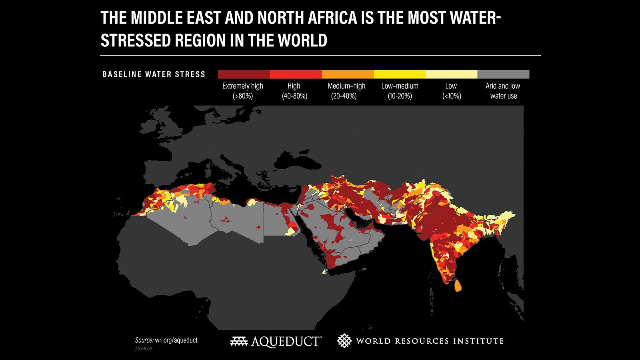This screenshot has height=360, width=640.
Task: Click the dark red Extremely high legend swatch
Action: [x=244, y=74]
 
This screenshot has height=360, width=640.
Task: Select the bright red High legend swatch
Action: [x=296, y=74]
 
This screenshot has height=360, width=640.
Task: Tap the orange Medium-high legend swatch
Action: [x=348, y=74]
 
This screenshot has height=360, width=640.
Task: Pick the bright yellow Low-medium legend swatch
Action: [x=400, y=74]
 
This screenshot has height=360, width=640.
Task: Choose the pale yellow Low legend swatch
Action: [x=451, y=74]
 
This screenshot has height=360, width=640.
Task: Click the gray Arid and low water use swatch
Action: [x=503, y=74]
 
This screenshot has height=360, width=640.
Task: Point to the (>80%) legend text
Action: [x=243, y=96]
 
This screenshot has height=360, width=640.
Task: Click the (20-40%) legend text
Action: [x=344, y=96]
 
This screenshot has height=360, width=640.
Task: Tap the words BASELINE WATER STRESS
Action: [x=154, y=74]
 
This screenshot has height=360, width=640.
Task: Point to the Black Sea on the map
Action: [x=298, y=160]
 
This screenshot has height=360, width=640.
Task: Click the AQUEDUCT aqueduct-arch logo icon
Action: [x=239, y=341]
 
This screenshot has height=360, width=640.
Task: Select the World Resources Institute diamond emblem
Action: [x=344, y=341]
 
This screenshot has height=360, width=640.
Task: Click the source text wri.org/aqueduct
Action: [x=176, y=340]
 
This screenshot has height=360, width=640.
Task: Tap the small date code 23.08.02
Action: [x=143, y=349]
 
